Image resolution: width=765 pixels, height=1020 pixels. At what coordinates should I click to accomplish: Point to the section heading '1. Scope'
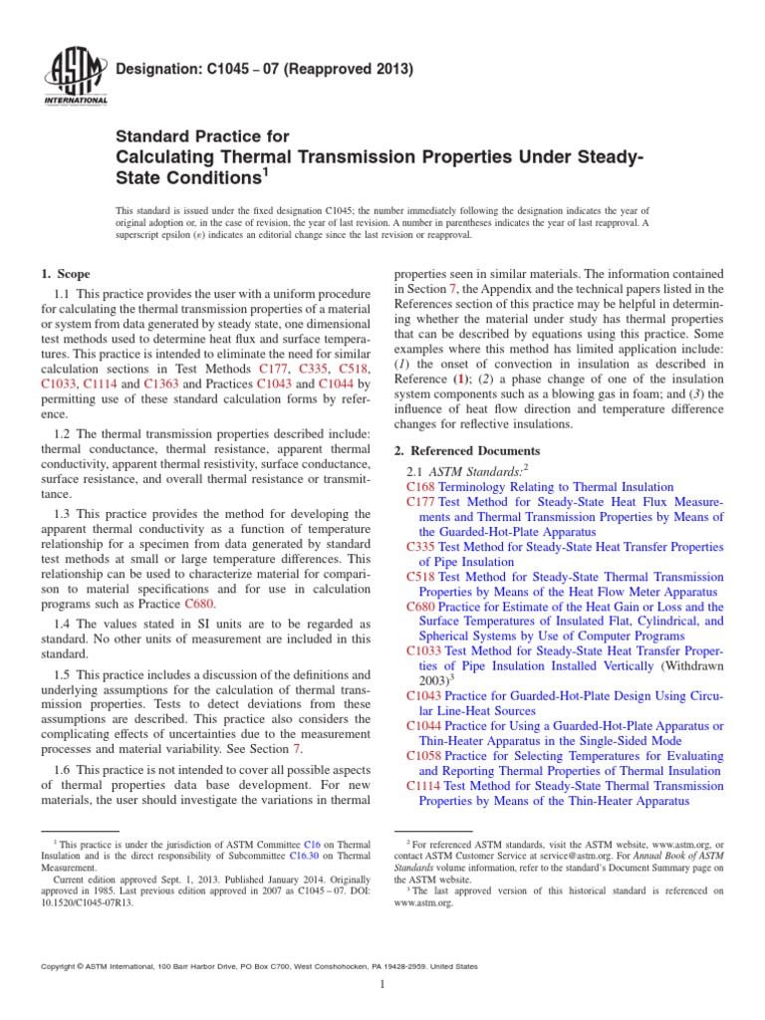click(x=66, y=274)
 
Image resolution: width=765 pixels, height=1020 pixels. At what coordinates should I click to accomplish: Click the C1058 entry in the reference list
click(x=425, y=756)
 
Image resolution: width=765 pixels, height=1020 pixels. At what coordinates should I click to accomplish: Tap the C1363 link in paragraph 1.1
click(x=161, y=383)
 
